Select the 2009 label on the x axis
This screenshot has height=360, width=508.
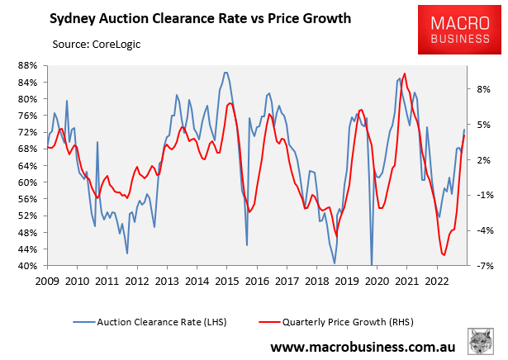(x=47, y=281)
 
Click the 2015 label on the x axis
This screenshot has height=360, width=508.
(x=227, y=281)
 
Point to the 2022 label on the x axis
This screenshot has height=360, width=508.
(x=437, y=281)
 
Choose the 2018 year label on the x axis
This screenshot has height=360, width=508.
(x=316, y=281)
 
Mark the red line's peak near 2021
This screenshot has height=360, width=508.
(x=404, y=73)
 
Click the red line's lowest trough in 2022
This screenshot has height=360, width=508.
(x=444, y=255)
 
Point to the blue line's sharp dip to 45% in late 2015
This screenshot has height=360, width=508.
(x=247, y=244)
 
